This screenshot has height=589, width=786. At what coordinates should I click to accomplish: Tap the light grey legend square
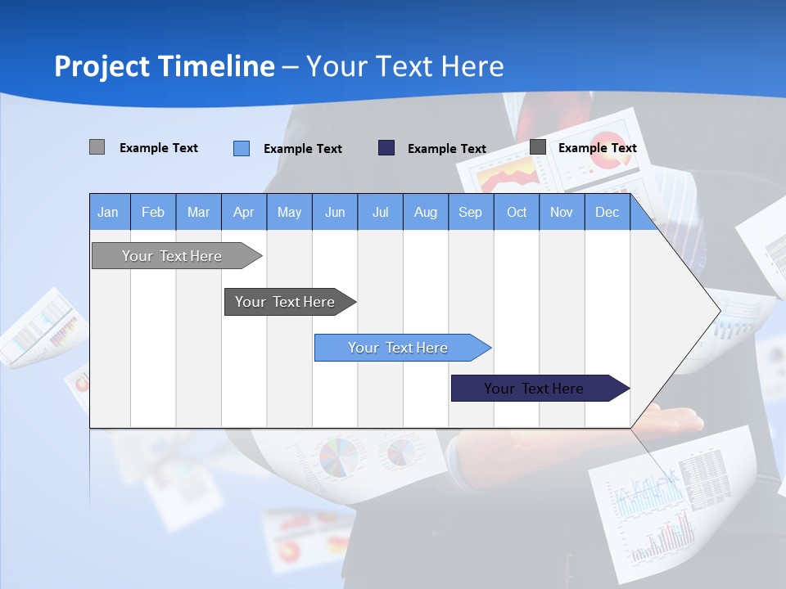pos(97,147)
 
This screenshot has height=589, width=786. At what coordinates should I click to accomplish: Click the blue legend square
pos(242,148)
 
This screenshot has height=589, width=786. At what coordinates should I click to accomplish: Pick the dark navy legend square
pos(386,147)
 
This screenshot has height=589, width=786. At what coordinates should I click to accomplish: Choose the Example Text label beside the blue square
pos(302,149)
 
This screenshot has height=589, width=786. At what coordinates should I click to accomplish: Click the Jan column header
pos(108,212)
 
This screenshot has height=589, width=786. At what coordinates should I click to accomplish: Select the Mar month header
pos(198,212)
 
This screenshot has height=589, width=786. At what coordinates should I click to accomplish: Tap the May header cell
pos(289,212)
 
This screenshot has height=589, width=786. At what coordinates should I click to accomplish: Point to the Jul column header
pos(380,212)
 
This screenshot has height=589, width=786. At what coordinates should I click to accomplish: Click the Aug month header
pos(426,212)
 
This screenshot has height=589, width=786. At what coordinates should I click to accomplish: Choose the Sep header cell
pos(471,212)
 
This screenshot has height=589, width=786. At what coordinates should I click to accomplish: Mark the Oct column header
pos(517,212)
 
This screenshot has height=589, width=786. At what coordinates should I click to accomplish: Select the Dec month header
pos(607,212)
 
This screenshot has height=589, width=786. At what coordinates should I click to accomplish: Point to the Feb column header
pos(153,212)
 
